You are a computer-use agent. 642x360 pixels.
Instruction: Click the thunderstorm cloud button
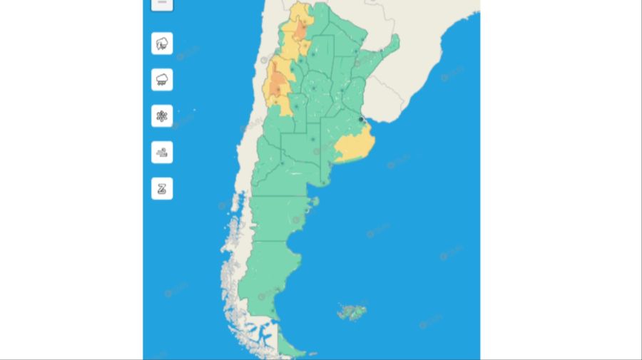[162, 43]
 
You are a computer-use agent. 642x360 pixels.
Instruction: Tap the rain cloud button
[162, 79]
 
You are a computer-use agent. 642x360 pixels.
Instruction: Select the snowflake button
[162, 115]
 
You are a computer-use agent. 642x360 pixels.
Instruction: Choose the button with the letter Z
[162, 188]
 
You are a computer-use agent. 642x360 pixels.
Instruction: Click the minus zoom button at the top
[162, 4]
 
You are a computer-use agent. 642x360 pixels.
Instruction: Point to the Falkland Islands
[351, 312]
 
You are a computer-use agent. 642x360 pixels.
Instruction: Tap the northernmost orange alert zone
[302, 31]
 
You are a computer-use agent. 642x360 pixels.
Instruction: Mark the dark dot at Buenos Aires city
[362, 119]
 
